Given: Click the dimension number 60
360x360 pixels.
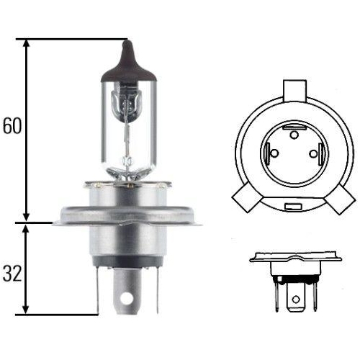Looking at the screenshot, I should [12, 127].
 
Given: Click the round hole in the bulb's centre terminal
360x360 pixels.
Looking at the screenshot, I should [128, 297].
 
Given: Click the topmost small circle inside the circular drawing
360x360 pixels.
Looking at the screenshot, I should [293, 134].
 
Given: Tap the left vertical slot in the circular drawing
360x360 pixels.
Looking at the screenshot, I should [268, 153].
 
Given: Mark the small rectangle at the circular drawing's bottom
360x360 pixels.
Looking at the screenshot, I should [293, 207].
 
